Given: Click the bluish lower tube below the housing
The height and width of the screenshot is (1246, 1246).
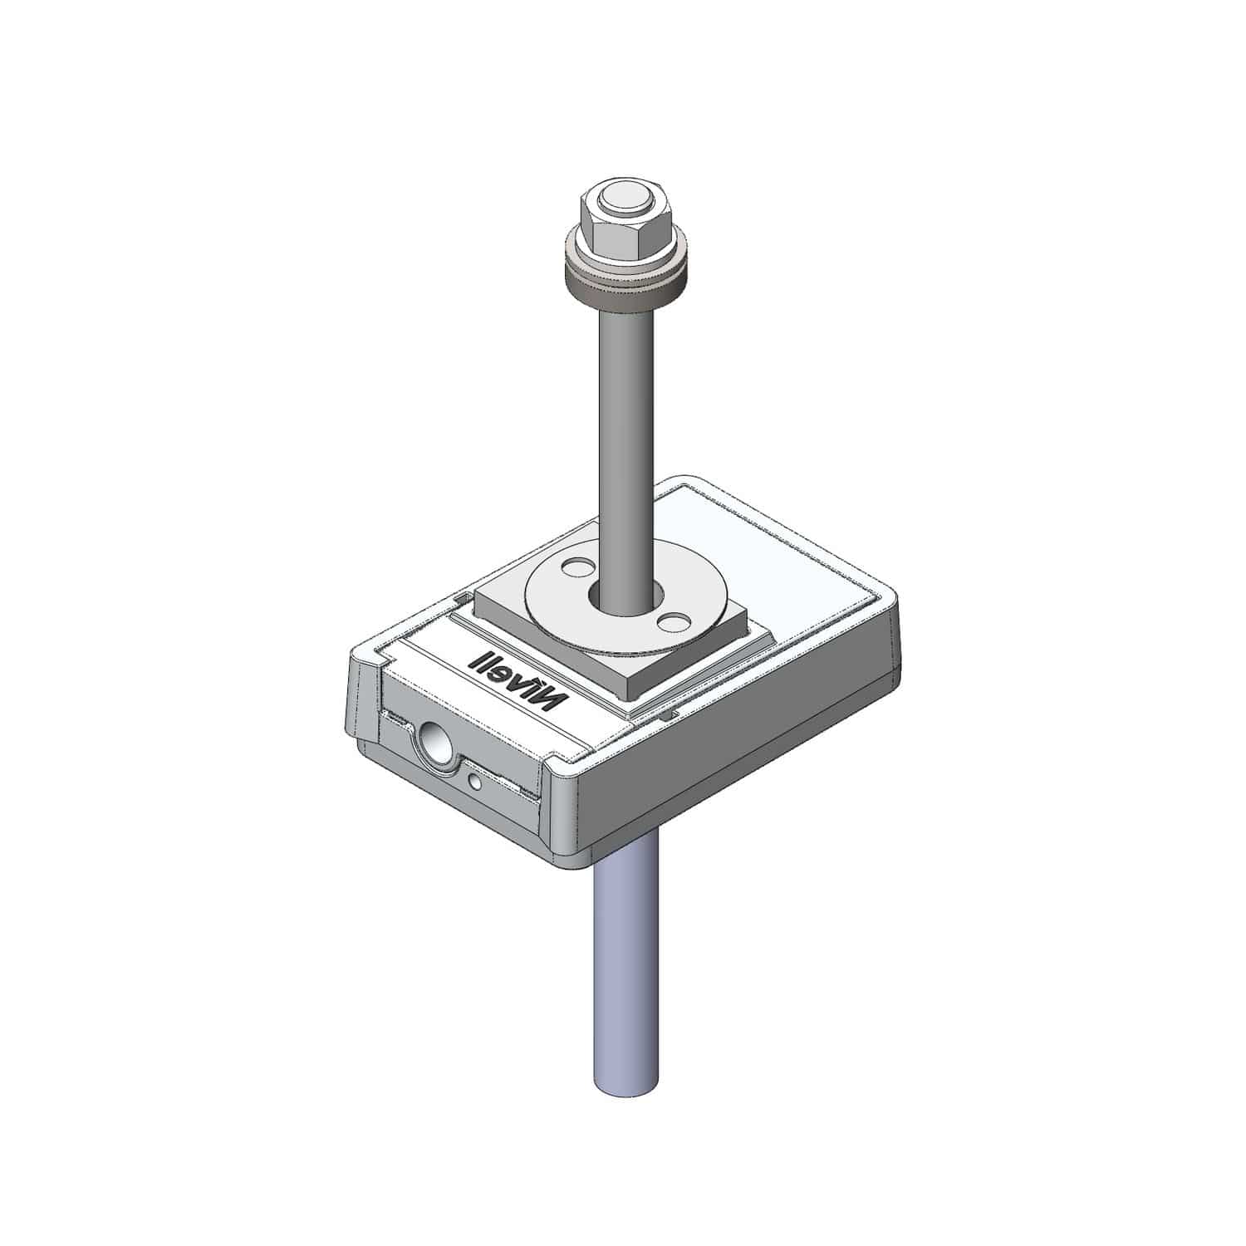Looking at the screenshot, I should tap(627, 955).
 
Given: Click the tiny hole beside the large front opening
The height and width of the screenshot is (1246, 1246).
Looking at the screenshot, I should tap(474, 781).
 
